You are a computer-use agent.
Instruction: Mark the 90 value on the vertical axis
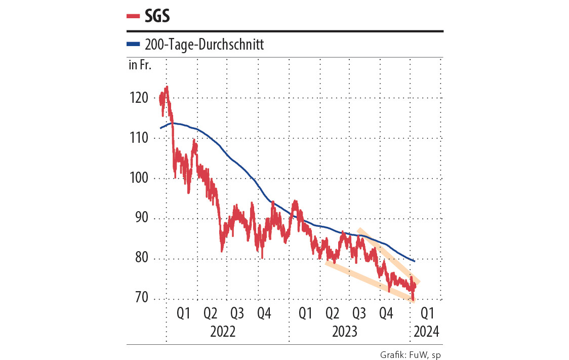point(140,219)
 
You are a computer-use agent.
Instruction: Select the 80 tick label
point(140,259)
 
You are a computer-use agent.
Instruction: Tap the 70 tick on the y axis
point(140,298)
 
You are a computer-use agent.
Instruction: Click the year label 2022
point(223,332)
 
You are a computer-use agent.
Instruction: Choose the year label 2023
point(345,332)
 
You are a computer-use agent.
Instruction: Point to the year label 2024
point(426,332)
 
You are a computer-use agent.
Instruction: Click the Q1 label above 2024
point(427,314)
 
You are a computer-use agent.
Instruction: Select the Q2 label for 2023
point(333,314)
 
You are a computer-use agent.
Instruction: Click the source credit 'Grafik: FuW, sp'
point(410,354)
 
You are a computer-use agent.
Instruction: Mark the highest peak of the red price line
point(167,87)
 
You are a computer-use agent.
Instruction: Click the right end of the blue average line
point(415,261)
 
